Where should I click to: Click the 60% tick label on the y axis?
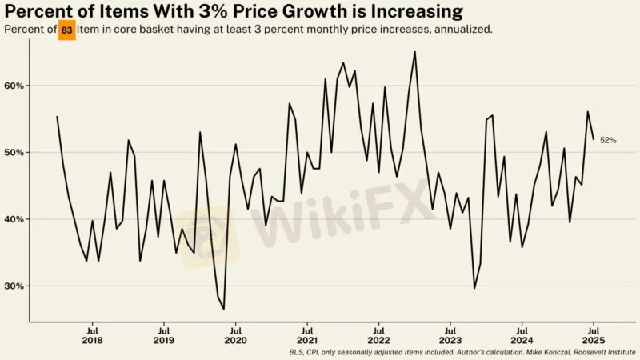pos(15,86)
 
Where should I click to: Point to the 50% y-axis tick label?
pos(15,152)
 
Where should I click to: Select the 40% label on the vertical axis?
pos(15,219)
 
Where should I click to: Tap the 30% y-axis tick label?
pos(15,286)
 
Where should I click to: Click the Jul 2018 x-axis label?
pos(92,334)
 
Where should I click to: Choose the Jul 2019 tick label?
pos(164,334)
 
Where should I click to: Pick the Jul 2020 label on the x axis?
pos(235,334)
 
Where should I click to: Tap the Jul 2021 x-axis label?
pos(307,334)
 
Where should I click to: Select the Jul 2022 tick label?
pos(378,334)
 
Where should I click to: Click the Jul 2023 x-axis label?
pos(450,334)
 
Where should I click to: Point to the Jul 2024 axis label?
pos(522,334)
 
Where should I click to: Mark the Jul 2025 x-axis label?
pos(594,334)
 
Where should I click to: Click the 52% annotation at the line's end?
pos(608,140)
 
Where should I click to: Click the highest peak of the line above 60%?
pos(414,52)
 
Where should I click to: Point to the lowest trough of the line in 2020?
pos(223,309)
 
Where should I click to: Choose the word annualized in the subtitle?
pos(462,29)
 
